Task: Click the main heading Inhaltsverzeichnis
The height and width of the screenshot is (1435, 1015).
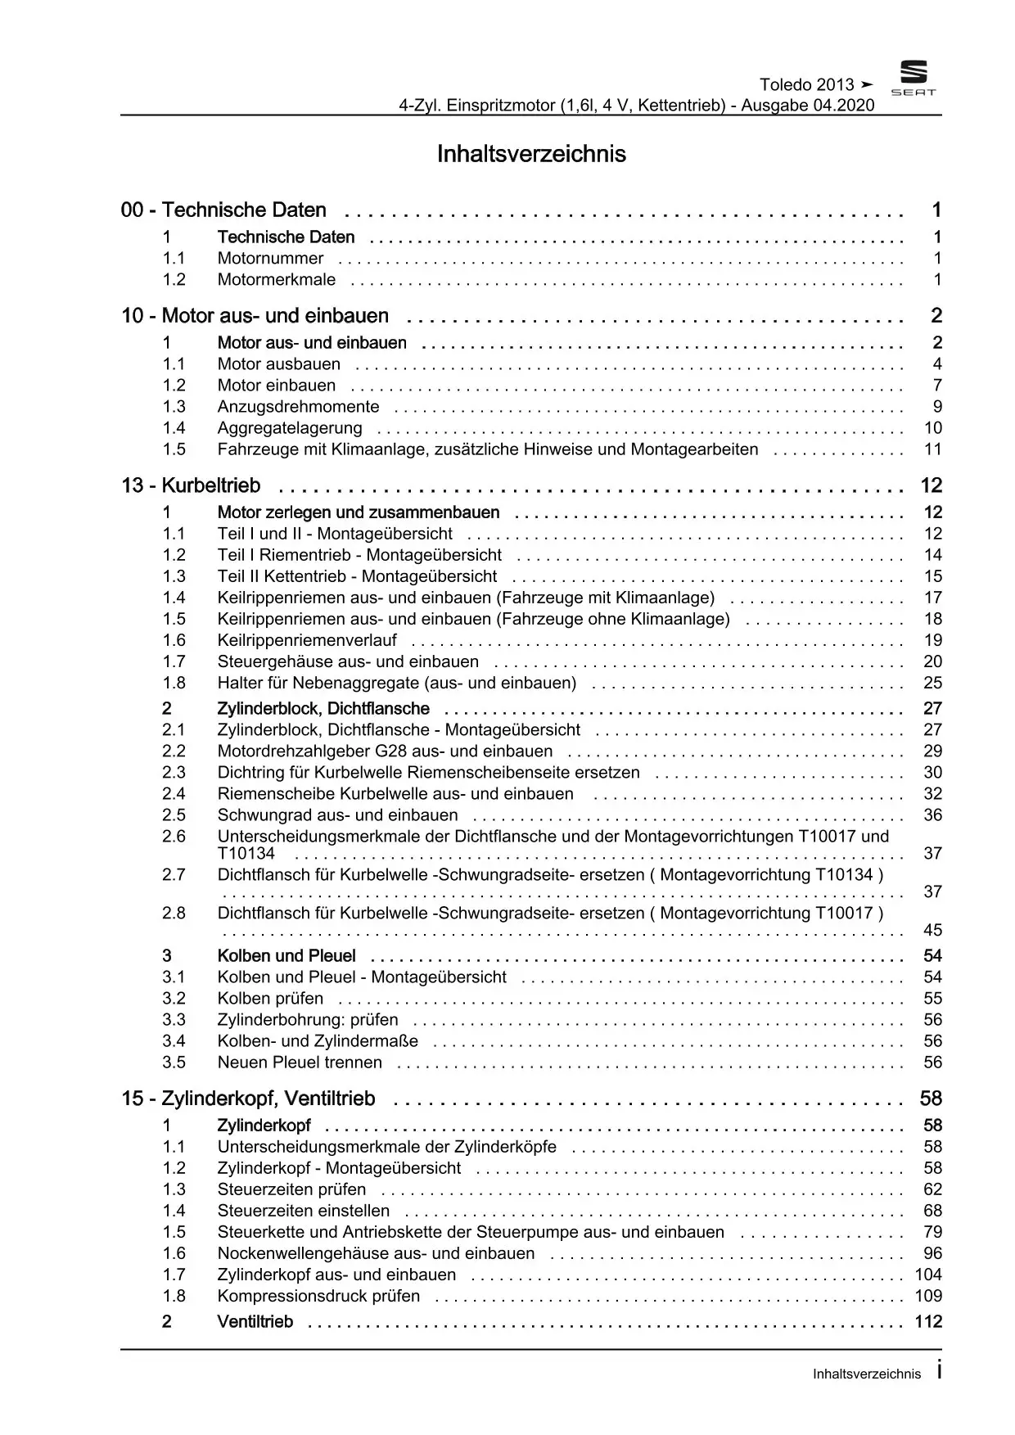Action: (531, 154)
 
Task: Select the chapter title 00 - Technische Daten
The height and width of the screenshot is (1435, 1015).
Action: (223, 210)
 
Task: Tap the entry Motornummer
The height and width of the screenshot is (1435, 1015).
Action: (270, 259)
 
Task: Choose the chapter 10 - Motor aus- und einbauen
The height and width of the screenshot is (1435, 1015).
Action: (255, 316)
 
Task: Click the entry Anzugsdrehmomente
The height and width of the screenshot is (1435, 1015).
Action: (298, 407)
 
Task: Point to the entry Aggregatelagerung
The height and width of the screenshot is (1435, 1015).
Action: (289, 428)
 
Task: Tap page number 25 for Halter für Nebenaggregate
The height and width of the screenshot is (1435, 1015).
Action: (932, 683)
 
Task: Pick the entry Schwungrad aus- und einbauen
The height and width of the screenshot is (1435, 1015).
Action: (337, 815)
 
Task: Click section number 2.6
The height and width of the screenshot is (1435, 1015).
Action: (174, 837)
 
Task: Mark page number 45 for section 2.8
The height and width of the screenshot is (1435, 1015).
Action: (932, 930)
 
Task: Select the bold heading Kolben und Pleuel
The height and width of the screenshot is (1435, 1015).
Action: (286, 956)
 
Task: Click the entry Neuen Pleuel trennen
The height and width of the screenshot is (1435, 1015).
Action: (300, 1063)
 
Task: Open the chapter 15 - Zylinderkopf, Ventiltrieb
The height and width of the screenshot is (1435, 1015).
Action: (248, 1099)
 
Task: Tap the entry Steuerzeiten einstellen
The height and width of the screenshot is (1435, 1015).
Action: (303, 1211)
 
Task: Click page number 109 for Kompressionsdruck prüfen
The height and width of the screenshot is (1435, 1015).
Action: (928, 1296)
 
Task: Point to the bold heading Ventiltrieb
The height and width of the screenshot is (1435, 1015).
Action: (255, 1322)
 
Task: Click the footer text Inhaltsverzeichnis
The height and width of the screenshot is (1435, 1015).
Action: (866, 1374)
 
